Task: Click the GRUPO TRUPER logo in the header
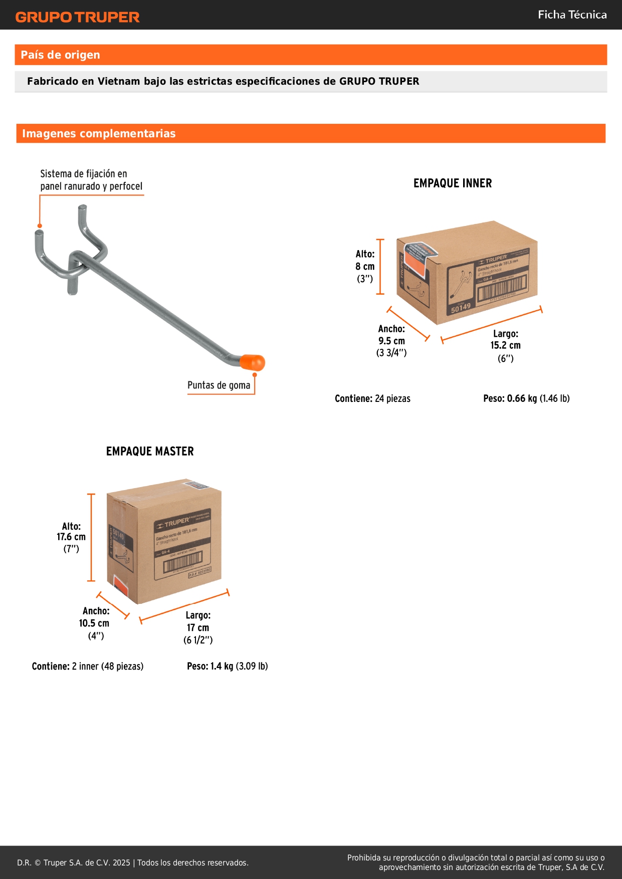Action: pos(77,17)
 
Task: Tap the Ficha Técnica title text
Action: pos(572,15)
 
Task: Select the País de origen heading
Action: pos(60,55)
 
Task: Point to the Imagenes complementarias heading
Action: pos(99,133)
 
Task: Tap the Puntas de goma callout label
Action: pos(219,385)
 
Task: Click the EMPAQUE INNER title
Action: pos(453,183)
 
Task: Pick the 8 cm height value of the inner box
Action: pos(365,267)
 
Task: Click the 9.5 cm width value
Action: pos(391,341)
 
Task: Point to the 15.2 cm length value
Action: pos(505,345)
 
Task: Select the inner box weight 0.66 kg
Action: pos(521,398)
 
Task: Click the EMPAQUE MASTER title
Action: pos(150,452)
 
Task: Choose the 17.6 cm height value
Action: pos(71,537)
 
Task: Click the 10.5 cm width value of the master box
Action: pos(94,623)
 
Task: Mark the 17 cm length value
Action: pos(198,628)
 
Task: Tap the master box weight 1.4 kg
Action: pos(222,666)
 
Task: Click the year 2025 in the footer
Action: pos(121,862)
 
